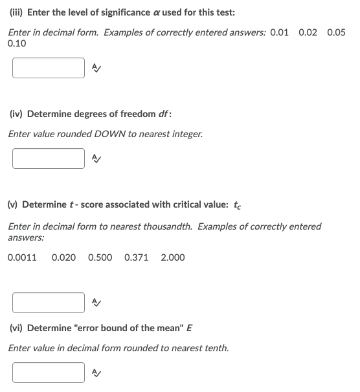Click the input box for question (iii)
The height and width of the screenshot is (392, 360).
49,68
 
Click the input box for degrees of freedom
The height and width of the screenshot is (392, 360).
49,158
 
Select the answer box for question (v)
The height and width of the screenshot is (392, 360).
49,302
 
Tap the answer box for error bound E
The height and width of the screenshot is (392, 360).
49,372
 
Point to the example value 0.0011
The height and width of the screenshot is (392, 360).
22,257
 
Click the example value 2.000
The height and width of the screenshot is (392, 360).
172,257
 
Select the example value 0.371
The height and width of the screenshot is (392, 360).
136,257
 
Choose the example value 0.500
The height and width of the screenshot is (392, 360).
100,257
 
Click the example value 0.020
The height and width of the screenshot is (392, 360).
63,257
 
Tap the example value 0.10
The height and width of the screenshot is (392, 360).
17,43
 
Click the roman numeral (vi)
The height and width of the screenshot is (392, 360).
17,328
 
